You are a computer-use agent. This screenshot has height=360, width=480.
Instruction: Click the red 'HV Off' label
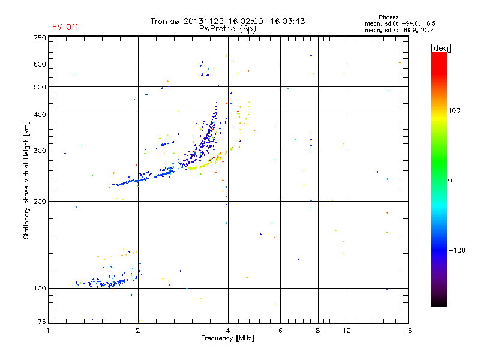click(65, 27)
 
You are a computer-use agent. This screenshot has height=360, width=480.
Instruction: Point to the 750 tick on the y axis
click(40, 38)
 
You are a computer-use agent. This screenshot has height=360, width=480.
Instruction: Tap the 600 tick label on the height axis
click(40, 64)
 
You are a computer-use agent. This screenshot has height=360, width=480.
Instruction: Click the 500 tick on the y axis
click(40, 87)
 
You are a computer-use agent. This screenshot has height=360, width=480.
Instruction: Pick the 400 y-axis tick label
click(40, 115)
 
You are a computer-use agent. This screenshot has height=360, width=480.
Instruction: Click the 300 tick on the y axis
click(40, 151)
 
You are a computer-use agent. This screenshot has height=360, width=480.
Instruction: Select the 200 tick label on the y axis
click(40, 202)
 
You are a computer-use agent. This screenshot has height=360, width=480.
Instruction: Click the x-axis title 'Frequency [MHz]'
click(227, 339)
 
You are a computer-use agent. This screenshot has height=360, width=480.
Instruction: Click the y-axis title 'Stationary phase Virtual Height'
click(26, 181)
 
